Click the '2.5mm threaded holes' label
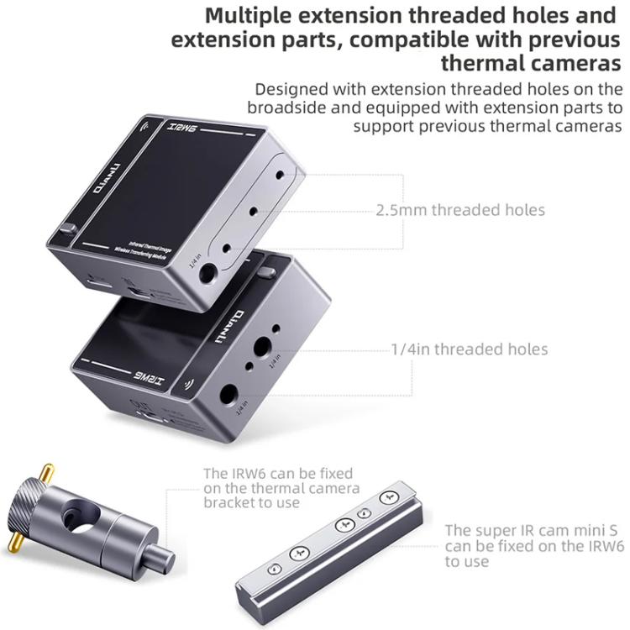[x=460, y=210]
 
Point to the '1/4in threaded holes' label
[x=469, y=349]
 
